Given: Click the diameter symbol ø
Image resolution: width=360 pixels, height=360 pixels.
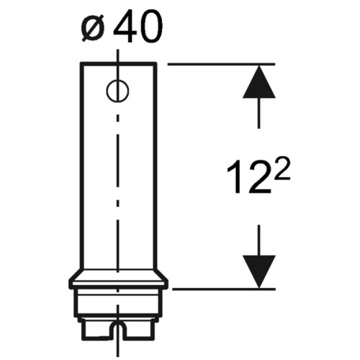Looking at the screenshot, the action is pos(93,28).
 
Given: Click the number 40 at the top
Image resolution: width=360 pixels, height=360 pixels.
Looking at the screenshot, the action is pos(138,26).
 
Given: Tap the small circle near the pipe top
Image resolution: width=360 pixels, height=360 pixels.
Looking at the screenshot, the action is pos(117,91).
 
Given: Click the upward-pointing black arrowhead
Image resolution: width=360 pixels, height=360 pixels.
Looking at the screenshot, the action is pos(258,81).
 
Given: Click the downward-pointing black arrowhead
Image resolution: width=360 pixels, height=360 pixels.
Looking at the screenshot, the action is pos(258,271).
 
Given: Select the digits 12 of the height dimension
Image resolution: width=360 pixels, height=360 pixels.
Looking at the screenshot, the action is pos(249,176).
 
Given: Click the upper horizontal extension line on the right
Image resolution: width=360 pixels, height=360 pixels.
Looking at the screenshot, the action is pos(221,64).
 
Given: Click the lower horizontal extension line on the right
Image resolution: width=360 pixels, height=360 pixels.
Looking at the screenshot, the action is pos(224,289).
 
